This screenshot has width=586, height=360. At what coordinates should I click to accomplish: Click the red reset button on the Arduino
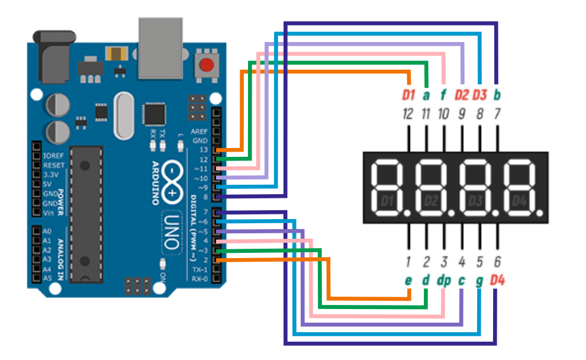click(x=206, y=65)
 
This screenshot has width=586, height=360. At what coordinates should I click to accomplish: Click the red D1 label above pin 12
click(x=408, y=95)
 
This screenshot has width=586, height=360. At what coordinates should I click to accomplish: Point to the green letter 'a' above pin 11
click(x=426, y=95)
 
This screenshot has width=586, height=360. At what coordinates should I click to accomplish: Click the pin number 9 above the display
click(x=462, y=114)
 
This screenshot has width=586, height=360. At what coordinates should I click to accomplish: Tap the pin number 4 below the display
click(x=462, y=261)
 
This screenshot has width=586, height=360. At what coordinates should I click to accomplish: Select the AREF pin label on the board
click(x=199, y=131)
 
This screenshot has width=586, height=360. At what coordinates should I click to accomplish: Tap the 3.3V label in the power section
click(x=51, y=175)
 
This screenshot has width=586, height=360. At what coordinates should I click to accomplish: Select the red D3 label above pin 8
click(x=479, y=95)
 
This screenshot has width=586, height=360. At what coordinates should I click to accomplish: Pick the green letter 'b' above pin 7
click(x=497, y=95)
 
